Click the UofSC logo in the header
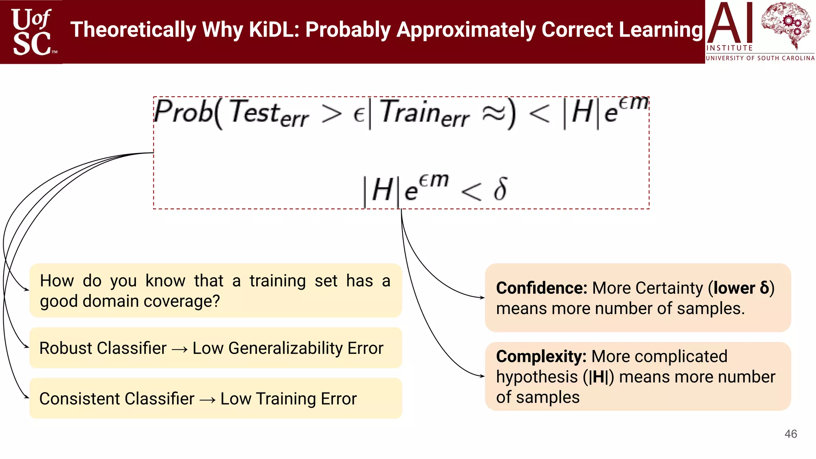[32, 32]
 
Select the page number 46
[790, 434]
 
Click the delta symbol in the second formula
[500, 189]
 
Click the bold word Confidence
[541, 288]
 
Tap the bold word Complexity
[541, 356]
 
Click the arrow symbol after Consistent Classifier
[207, 400]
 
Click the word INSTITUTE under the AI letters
[729, 48]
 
